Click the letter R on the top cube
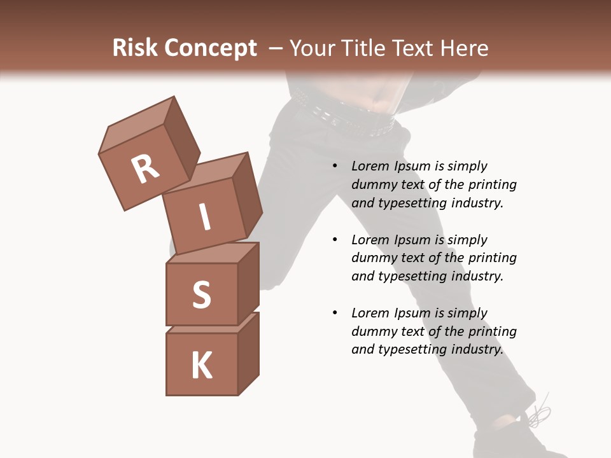(x=145, y=169)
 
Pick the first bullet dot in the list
(x=335, y=167)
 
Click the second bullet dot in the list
(x=335, y=240)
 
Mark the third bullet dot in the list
(x=335, y=314)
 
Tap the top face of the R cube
(x=137, y=123)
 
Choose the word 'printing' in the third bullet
(x=492, y=331)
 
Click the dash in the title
(x=276, y=48)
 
